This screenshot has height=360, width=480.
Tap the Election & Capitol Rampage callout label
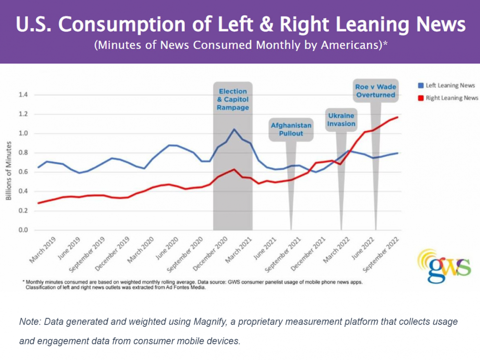click(x=233, y=99)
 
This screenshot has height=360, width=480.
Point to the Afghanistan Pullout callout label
click(x=291, y=129)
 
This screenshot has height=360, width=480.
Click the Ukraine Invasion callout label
click(x=341, y=120)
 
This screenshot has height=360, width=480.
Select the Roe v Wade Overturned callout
click(x=375, y=91)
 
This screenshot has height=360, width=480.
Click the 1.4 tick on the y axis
click(x=23, y=95)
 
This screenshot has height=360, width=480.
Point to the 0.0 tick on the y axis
click(x=23, y=230)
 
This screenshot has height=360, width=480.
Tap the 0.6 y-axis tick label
click(x=23, y=172)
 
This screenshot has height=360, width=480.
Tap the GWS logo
click(x=444, y=264)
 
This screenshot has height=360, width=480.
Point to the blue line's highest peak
click(x=234, y=129)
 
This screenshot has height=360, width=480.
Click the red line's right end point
click(x=398, y=117)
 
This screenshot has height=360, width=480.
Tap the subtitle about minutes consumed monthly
click(x=240, y=46)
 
